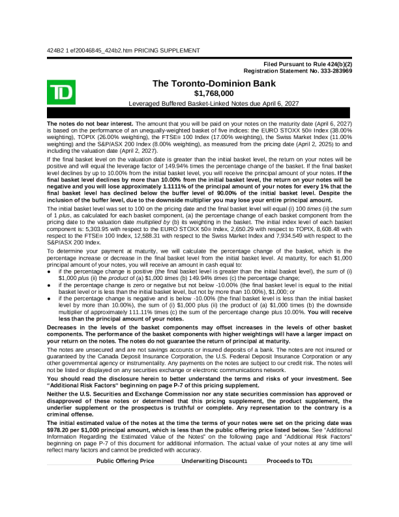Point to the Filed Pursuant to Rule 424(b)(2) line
308,64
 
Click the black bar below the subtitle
199,114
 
